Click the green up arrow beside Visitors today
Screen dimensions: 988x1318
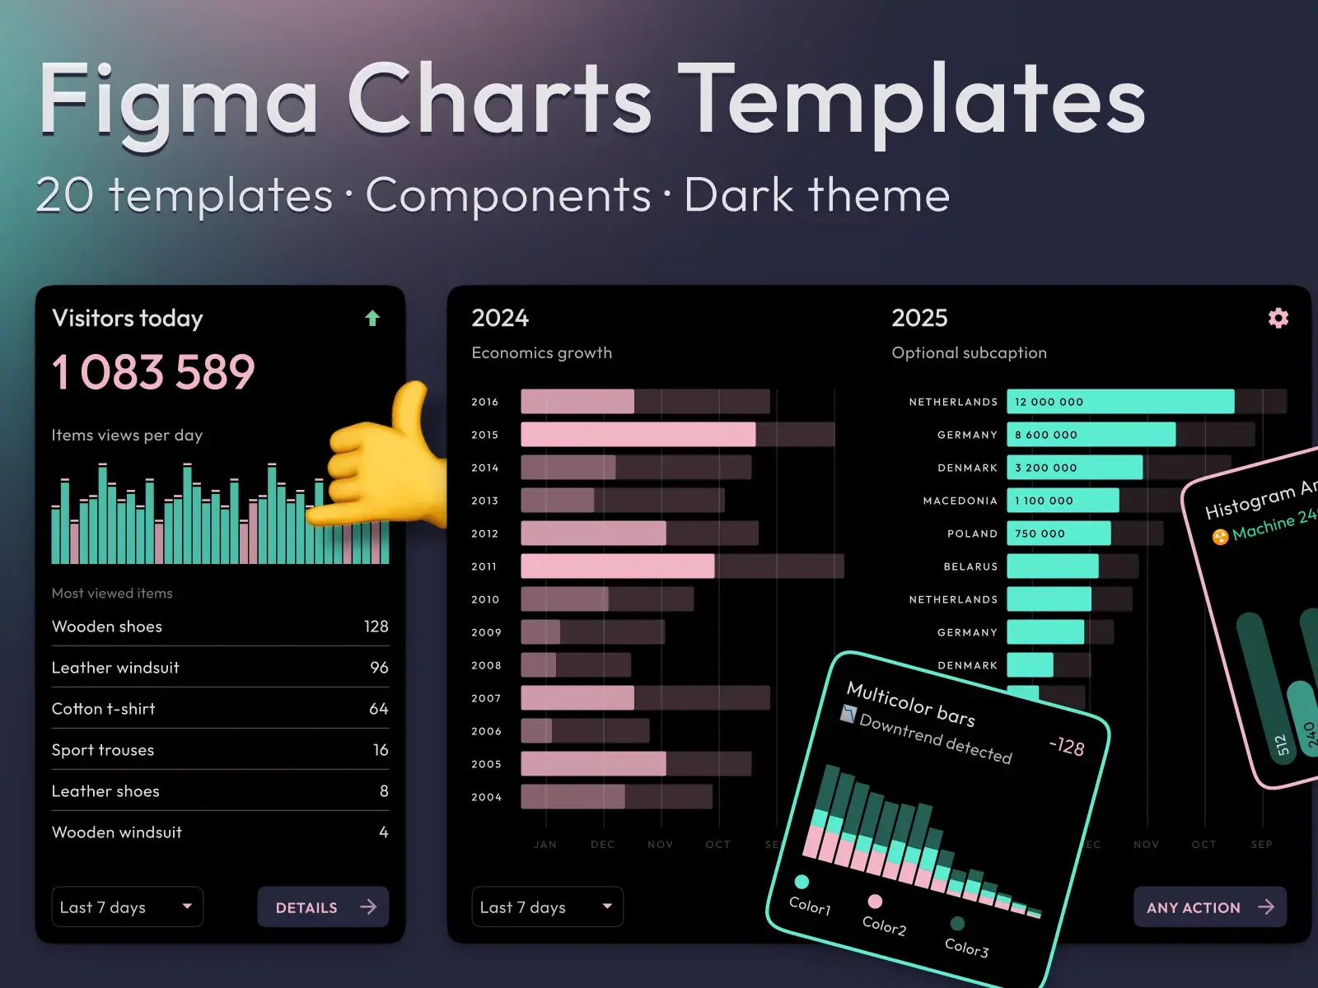(x=372, y=319)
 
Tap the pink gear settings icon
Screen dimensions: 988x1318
(x=1278, y=319)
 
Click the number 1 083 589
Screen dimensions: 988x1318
(x=154, y=372)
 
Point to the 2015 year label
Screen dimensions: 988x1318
(x=484, y=435)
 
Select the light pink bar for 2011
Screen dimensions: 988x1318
(x=618, y=566)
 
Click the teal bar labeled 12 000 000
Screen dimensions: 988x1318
(x=1120, y=402)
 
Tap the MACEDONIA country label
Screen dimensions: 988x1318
(x=960, y=501)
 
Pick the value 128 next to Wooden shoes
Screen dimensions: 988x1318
(x=376, y=627)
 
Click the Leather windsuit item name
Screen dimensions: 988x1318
(x=115, y=668)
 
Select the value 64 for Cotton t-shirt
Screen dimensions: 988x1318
(x=378, y=709)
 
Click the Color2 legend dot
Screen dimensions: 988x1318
(x=875, y=902)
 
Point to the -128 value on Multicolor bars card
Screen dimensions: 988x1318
(x=1067, y=747)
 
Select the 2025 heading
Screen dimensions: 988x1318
(x=919, y=318)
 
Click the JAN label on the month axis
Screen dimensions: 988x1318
(x=545, y=845)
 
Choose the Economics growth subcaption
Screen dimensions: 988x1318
(x=541, y=353)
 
